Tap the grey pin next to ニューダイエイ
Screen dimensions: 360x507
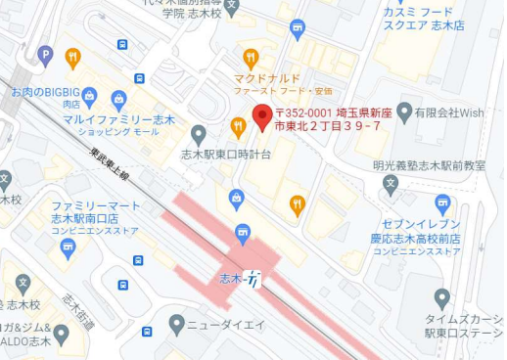click(177, 323)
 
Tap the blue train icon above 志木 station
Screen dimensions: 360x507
click(243, 231)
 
